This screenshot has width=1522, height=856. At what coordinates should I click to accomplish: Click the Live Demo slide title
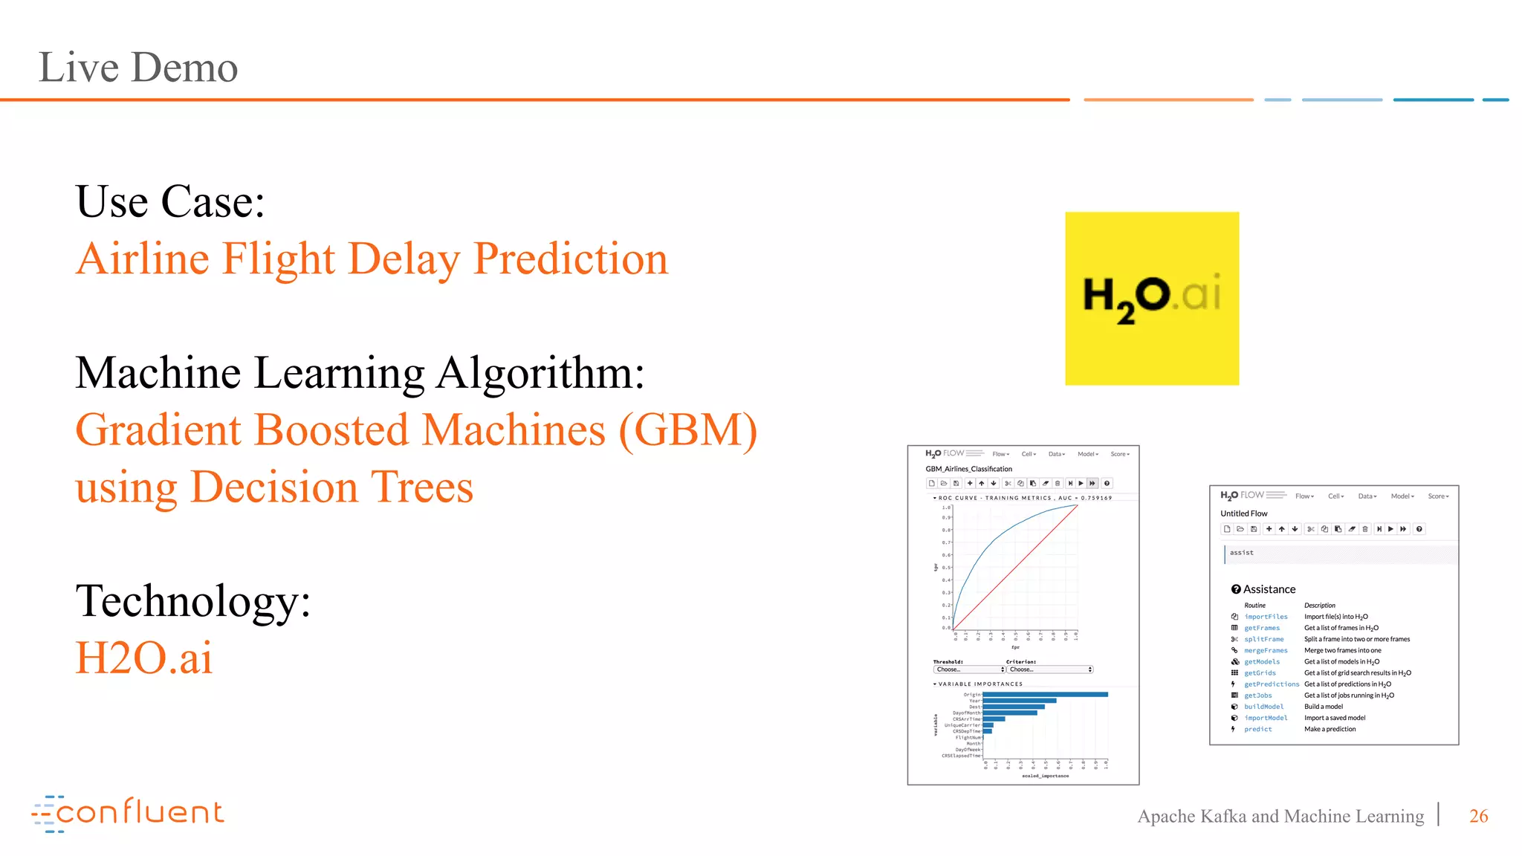click(x=138, y=68)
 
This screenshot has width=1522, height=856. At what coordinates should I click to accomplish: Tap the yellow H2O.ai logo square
click(x=1151, y=298)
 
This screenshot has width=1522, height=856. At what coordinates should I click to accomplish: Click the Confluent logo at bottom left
click(x=128, y=813)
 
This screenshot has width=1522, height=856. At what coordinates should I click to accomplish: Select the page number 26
click(x=1478, y=816)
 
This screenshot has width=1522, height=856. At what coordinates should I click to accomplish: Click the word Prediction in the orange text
click(x=570, y=259)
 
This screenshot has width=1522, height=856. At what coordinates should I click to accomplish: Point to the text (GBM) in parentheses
click(x=687, y=430)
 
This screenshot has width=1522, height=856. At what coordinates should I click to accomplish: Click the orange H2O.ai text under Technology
click(x=144, y=658)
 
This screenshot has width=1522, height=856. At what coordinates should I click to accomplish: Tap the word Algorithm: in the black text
click(x=540, y=373)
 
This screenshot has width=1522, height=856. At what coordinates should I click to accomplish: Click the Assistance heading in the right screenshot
click(x=1269, y=589)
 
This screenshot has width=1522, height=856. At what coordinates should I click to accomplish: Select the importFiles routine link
click(x=1266, y=617)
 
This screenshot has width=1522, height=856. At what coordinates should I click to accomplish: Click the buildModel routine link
click(x=1263, y=707)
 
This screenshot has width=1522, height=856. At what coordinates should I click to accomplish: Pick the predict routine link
click(x=1257, y=729)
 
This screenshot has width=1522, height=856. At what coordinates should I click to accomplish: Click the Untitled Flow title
click(x=1243, y=513)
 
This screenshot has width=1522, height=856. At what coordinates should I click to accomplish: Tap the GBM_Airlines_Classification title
click(x=968, y=469)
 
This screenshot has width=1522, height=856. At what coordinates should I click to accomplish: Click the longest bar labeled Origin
click(x=1044, y=695)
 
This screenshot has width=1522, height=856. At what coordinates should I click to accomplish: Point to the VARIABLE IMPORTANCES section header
click(x=979, y=684)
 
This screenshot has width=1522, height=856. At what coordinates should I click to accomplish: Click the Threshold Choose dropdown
click(x=969, y=669)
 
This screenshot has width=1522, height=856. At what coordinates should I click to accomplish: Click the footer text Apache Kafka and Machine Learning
click(x=1280, y=816)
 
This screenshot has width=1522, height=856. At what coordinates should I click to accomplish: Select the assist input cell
click(x=1338, y=553)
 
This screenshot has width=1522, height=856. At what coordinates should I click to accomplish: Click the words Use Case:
click(x=170, y=202)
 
